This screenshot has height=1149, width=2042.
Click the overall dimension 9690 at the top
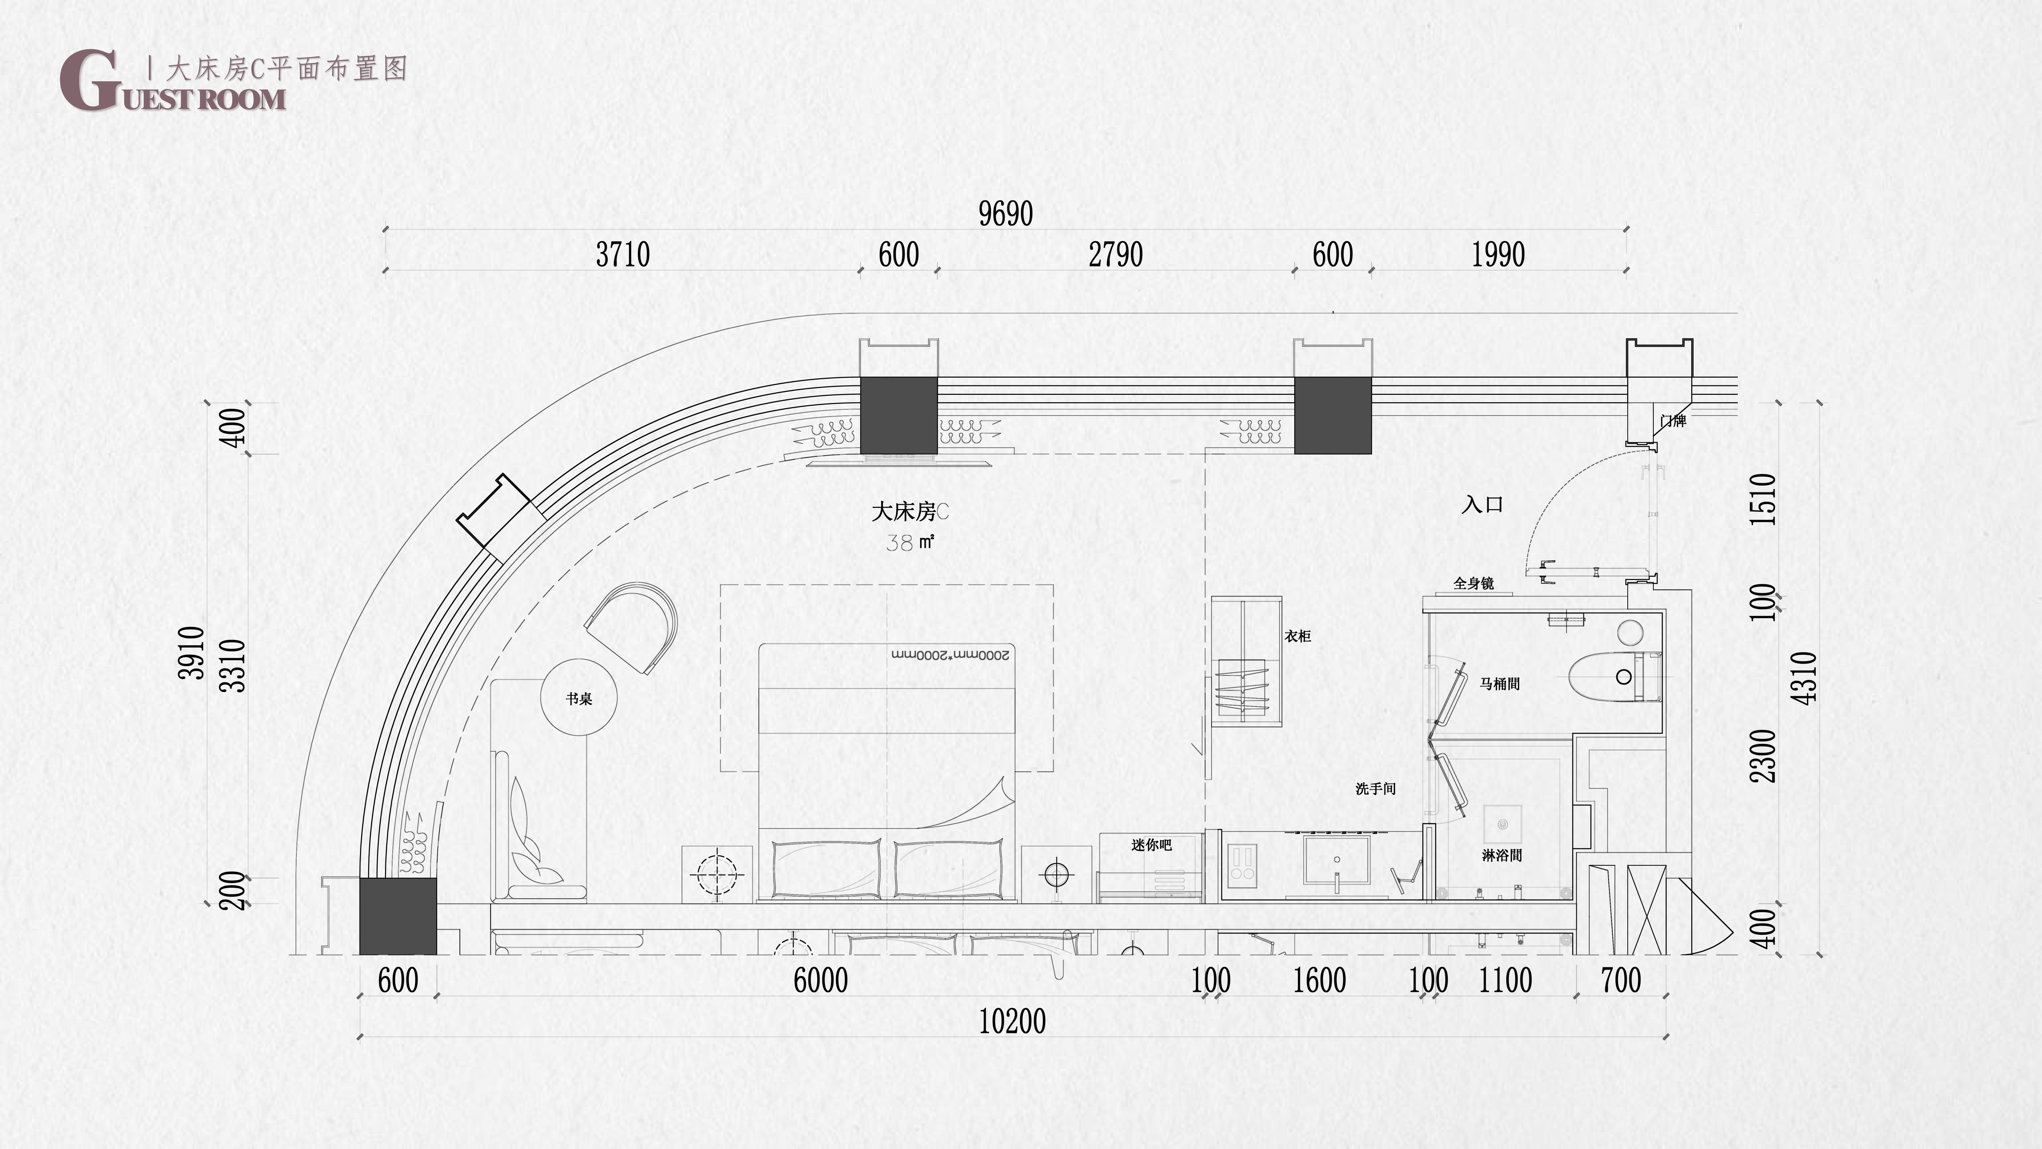pos(1005,213)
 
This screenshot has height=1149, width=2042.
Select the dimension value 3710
pos(623,255)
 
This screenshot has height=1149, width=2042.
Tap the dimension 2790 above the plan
pos(1115,255)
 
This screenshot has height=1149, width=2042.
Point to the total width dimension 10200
pos(1012,1021)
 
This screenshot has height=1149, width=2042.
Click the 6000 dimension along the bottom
pos(820,980)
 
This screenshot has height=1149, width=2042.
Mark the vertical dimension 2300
pos(1763,756)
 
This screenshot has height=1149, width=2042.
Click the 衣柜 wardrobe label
pos(1298,636)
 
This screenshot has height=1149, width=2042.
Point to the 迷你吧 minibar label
pos(1151,844)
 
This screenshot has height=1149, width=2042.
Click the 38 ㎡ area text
pos(910,542)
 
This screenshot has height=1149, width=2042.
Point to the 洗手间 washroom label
pos(1375,788)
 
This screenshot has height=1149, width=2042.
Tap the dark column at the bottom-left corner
pos(398,916)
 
